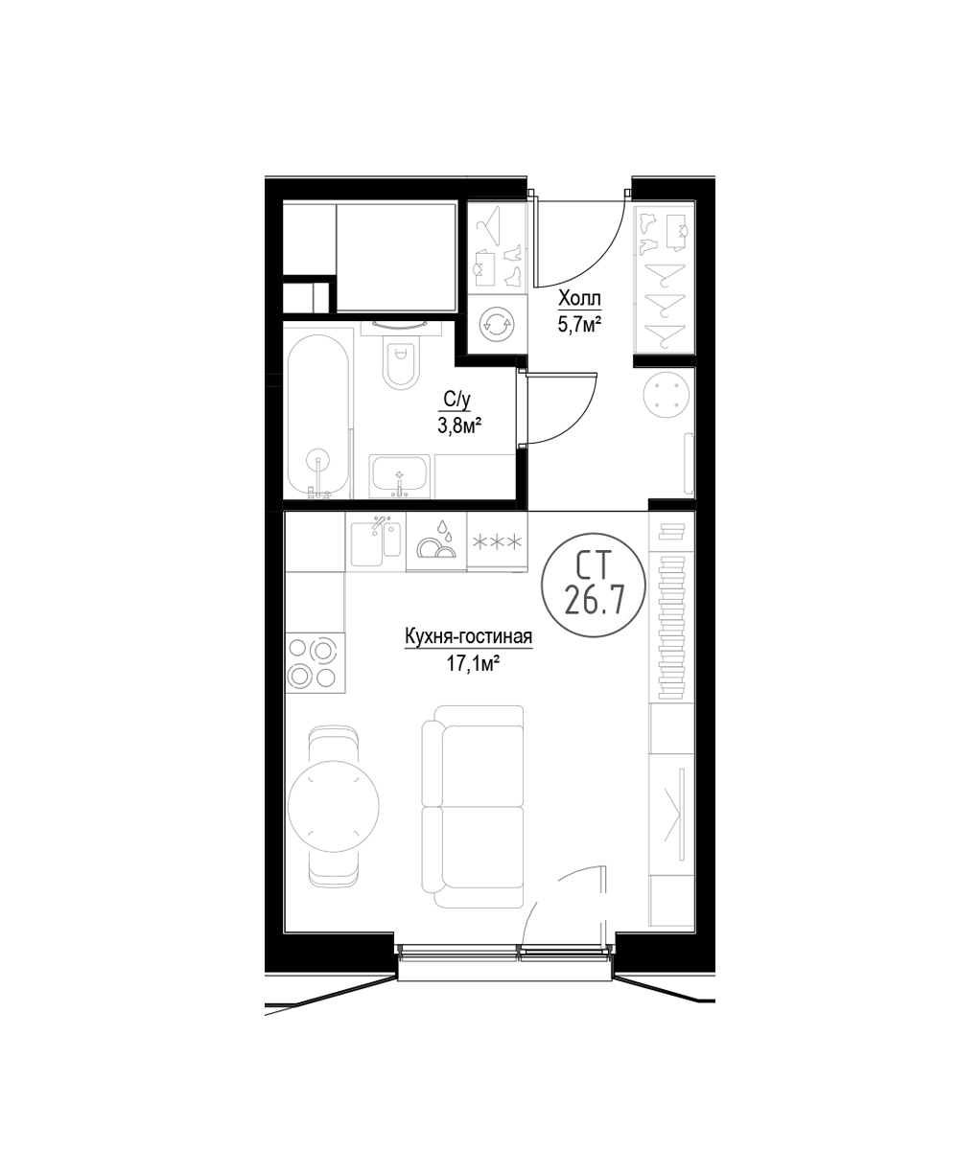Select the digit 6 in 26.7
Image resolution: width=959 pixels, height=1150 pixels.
592,601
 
